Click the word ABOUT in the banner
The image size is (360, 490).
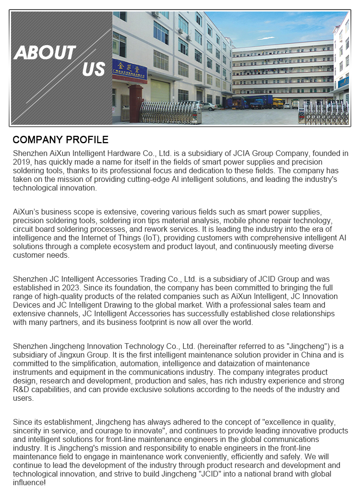pyautogui.click(x=45, y=52)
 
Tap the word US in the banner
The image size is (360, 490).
pyautogui.click(x=93, y=70)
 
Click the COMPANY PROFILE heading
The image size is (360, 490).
pyautogui.click(x=60, y=140)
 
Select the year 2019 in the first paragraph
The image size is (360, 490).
pyautogui.click(x=22, y=162)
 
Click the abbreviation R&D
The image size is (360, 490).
pyautogui.click(x=23, y=390)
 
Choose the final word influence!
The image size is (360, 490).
pyautogui.click(x=29, y=483)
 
